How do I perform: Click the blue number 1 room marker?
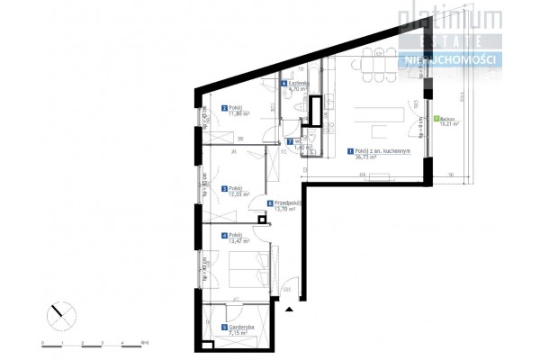click(x=349, y=151)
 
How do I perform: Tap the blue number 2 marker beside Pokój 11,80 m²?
click(x=223, y=107)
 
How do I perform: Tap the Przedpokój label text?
click(x=287, y=203)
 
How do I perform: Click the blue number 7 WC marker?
click(x=289, y=141)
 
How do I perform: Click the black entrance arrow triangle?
click(x=289, y=309)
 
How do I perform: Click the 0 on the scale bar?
click(x=42, y=344)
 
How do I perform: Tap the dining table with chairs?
click(x=377, y=64)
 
